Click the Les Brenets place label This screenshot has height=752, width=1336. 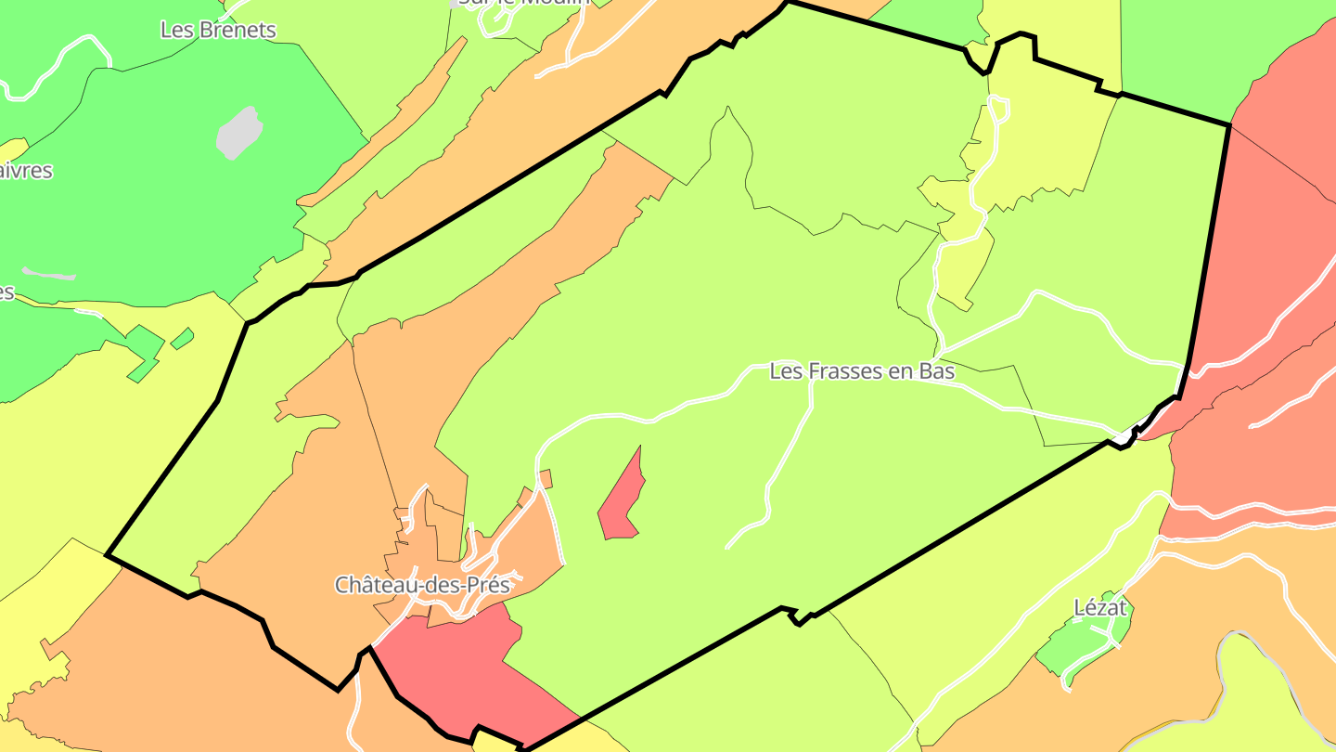pos(218,30)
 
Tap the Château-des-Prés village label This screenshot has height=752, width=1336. pos(422,585)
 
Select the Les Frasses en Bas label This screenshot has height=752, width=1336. pos(862,370)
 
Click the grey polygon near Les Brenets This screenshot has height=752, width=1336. pos(239,132)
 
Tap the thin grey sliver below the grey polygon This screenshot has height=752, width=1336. pos(48,274)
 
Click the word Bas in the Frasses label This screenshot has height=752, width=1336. pos(936,370)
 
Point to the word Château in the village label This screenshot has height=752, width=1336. pos(375,585)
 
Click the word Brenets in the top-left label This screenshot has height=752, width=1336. pos(236,30)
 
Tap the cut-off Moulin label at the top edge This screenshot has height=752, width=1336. pos(524,3)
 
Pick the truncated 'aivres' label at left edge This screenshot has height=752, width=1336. pos(26,171)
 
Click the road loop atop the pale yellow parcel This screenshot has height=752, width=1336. pos(998,108)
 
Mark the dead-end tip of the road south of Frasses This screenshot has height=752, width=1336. pos(728,546)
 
